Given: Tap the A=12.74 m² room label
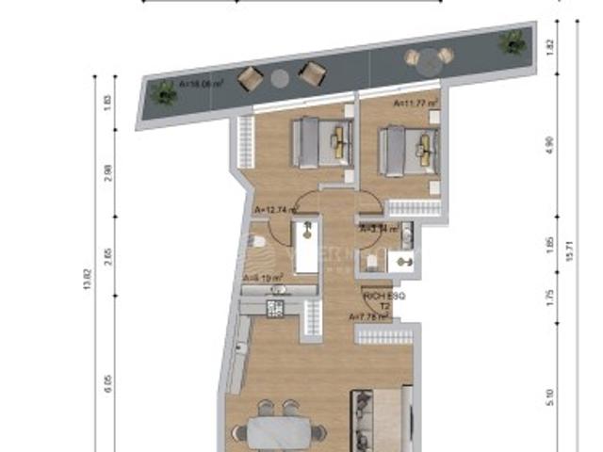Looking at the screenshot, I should coord(271,211).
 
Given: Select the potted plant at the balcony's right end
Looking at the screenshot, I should coord(512,40).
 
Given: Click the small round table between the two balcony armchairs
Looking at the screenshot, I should coord(281,78).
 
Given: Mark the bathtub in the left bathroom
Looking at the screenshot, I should coord(306,248).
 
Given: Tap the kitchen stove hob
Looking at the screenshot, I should coord(276,307).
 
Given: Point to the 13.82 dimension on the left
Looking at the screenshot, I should coord(88,279).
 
